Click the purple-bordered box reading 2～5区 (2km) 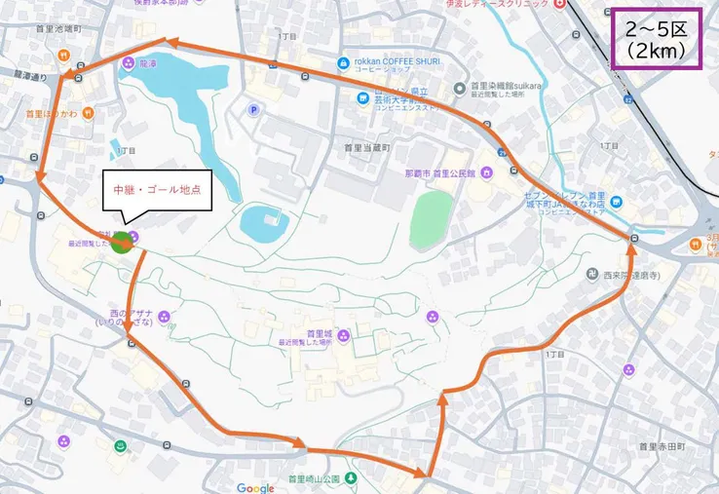(657, 39)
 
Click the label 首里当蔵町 (366, 147)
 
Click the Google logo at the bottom (255, 487)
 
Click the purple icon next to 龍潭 (129, 63)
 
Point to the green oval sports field (432, 219)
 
